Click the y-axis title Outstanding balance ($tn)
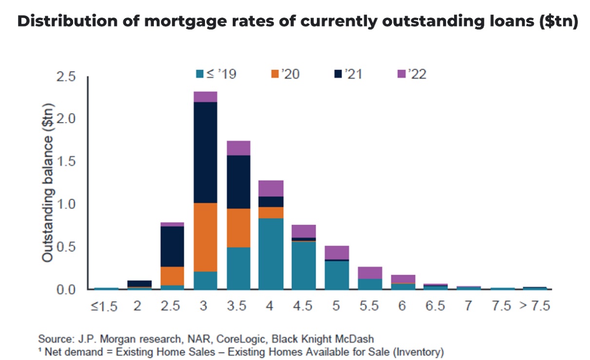coord(47,183)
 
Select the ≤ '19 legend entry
coord(217,74)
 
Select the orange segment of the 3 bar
coord(205,237)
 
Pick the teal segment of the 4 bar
coord(271,253)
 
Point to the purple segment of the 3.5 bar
coord(239,148)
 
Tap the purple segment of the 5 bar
coord(337,253)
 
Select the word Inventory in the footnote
coord(417,351)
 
